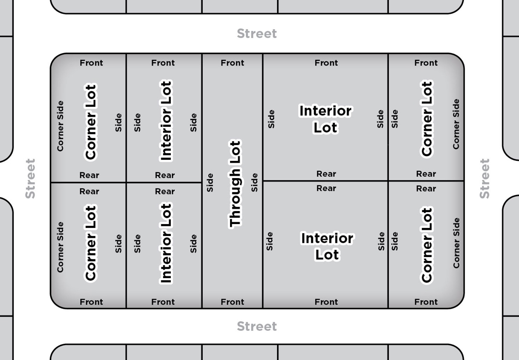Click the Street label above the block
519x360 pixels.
257,34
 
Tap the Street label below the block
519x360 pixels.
257,326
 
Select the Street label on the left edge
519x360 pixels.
30,179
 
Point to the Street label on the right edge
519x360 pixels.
485,179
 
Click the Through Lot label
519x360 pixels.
235,184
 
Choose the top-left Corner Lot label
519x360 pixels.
90,122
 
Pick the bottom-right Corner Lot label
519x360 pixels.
426,245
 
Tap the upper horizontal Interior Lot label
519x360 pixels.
325,119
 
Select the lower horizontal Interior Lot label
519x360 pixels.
327,246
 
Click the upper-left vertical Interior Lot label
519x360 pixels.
166,121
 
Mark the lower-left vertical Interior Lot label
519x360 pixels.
166,243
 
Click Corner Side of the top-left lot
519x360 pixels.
60,126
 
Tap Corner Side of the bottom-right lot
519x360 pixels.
456,243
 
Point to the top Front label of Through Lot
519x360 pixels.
232,63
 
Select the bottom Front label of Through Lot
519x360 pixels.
232,302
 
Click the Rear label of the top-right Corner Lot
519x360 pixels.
426,174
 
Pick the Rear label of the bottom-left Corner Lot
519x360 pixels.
89,191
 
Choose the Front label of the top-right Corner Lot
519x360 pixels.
426,63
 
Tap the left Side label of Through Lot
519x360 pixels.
210,182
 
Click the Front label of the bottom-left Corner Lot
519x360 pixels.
91,302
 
